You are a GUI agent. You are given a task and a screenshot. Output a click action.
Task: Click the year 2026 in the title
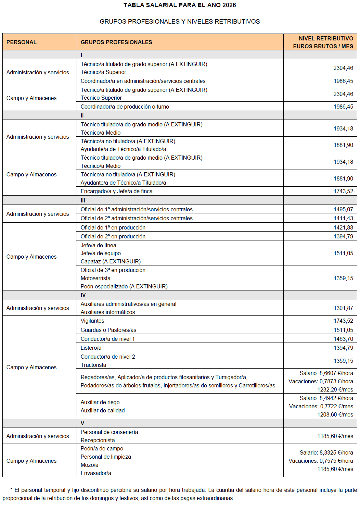tap(229, 5)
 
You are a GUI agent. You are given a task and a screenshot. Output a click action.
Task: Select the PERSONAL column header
tap(21, 42)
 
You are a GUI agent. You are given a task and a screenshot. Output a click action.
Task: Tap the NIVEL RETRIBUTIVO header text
tap(326, 38)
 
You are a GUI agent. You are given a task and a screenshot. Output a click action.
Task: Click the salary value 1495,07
tap(343, 209)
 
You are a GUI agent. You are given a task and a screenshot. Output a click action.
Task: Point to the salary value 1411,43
tap(343, 218)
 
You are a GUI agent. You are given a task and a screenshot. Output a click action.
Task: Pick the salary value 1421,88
tap(343, 227)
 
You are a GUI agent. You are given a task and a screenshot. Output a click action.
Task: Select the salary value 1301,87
tap(343, 308)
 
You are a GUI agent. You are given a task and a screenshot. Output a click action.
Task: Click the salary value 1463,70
tap(343, 339)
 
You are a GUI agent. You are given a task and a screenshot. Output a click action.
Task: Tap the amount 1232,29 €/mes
tap(335, 389)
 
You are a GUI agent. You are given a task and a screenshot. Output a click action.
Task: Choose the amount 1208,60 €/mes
tap(335, 414)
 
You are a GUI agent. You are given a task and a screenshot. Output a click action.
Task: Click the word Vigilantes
tap(92, 321)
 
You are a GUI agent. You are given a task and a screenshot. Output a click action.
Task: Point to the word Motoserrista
tap(95, 278)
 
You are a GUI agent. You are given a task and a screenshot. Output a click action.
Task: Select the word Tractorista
tap(93, 365)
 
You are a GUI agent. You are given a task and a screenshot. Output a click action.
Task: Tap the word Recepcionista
tap(98, 440)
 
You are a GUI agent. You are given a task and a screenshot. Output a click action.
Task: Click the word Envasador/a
tap(96, 473)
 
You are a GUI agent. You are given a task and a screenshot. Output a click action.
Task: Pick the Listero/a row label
tap(91, 348)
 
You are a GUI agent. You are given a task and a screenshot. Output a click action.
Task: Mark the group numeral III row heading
tap(83, 200)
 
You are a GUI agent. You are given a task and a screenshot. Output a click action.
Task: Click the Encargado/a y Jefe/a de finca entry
tap(116, 191)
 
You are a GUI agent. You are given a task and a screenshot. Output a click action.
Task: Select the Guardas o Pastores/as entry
tap(108, 330)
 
